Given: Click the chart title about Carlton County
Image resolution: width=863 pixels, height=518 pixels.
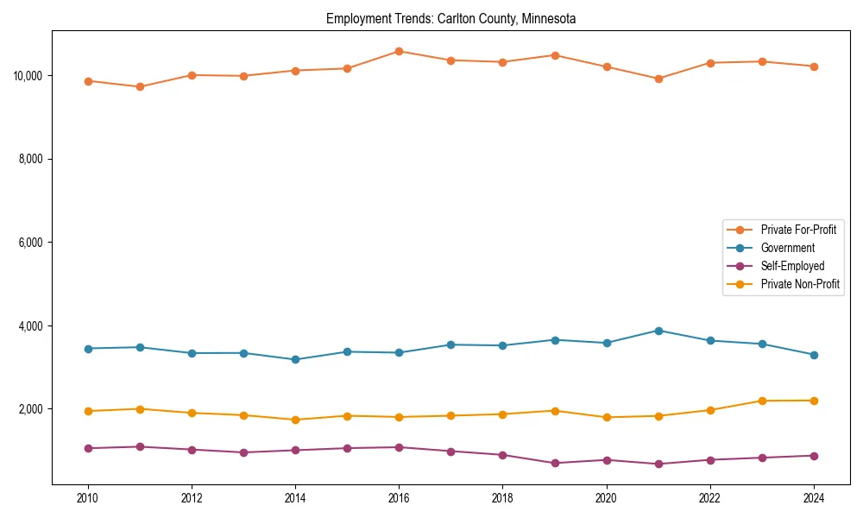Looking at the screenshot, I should click(450, 18).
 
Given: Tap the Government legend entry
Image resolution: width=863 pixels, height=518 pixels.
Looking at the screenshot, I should click(787, 248).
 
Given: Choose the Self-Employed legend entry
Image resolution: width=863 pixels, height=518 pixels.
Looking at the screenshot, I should click(792, 266).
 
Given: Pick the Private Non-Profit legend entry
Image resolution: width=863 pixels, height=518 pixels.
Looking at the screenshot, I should click(800, 284).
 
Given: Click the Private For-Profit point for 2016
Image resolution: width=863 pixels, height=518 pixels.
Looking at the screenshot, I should click(399, 51).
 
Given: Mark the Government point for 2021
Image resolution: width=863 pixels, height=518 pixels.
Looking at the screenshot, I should click(658, 331).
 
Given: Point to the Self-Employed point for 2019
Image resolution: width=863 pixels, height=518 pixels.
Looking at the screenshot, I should click(555, 464).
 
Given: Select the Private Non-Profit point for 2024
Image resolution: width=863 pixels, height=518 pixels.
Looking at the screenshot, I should click(814, 401).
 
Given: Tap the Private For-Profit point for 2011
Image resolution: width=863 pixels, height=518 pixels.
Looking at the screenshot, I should click(140, 86).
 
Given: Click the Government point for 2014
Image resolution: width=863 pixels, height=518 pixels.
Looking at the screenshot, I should click(295, 359).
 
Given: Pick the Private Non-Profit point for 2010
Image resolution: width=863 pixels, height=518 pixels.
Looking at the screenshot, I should click(88, 411).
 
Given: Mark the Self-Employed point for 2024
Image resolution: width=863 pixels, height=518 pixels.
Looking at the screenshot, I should click(814, 456).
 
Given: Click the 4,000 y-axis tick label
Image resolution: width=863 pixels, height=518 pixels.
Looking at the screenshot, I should click(30, 326).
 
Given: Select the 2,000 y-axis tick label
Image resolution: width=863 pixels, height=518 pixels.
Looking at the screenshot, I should click(30, 409).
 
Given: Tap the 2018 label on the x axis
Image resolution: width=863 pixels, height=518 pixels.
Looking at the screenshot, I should click(502, 498).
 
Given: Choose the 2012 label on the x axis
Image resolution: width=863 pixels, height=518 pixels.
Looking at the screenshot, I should click(192, 498).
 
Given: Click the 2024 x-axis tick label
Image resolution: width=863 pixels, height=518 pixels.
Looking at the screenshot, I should click(814, 498).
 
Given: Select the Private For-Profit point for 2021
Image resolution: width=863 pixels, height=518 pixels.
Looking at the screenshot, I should click(658, 79).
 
